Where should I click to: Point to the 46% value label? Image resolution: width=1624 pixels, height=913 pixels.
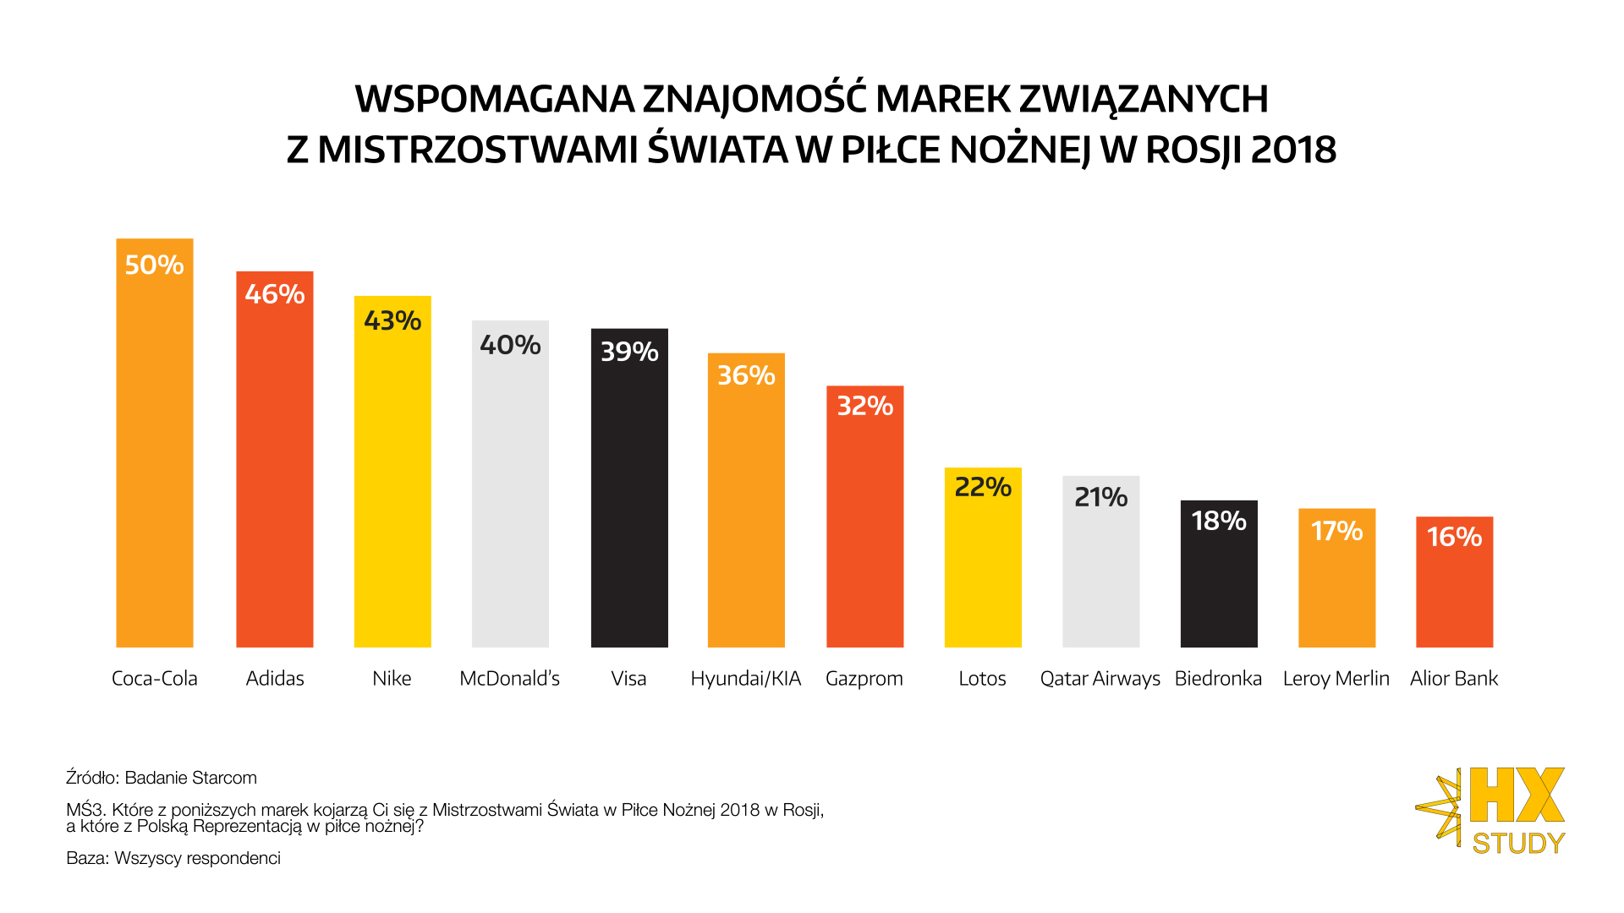[275, 294]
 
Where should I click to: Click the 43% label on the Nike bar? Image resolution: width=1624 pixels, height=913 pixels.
[392, 320]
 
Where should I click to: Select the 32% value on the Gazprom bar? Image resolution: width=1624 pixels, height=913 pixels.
[864, 406]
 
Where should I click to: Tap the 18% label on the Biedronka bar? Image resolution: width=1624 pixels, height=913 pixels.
[1219, 521]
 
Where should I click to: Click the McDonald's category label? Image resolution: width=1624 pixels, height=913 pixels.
[509, 679]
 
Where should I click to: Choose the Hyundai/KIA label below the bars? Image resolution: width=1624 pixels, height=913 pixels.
[745, 679]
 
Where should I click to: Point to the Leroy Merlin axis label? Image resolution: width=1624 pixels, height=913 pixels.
[1336, 679]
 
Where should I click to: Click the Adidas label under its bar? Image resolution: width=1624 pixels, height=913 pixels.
[275, 679]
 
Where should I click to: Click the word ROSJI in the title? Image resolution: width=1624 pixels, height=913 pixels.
[1193, 150]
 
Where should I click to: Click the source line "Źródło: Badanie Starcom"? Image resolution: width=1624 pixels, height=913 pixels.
[162, 778]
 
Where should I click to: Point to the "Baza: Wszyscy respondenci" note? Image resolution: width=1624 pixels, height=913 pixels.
[173, 858]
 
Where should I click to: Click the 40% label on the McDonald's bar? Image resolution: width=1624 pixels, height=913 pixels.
[510, 345]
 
